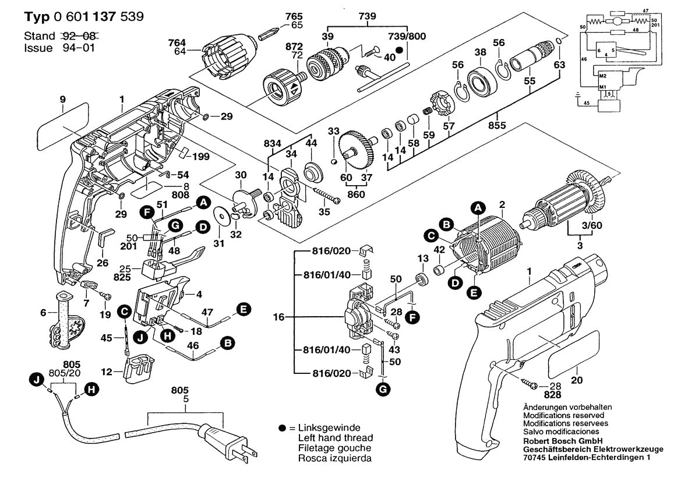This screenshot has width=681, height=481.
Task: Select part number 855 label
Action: pos(497,125)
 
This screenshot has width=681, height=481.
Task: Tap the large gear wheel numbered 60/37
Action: pos(355,148)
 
